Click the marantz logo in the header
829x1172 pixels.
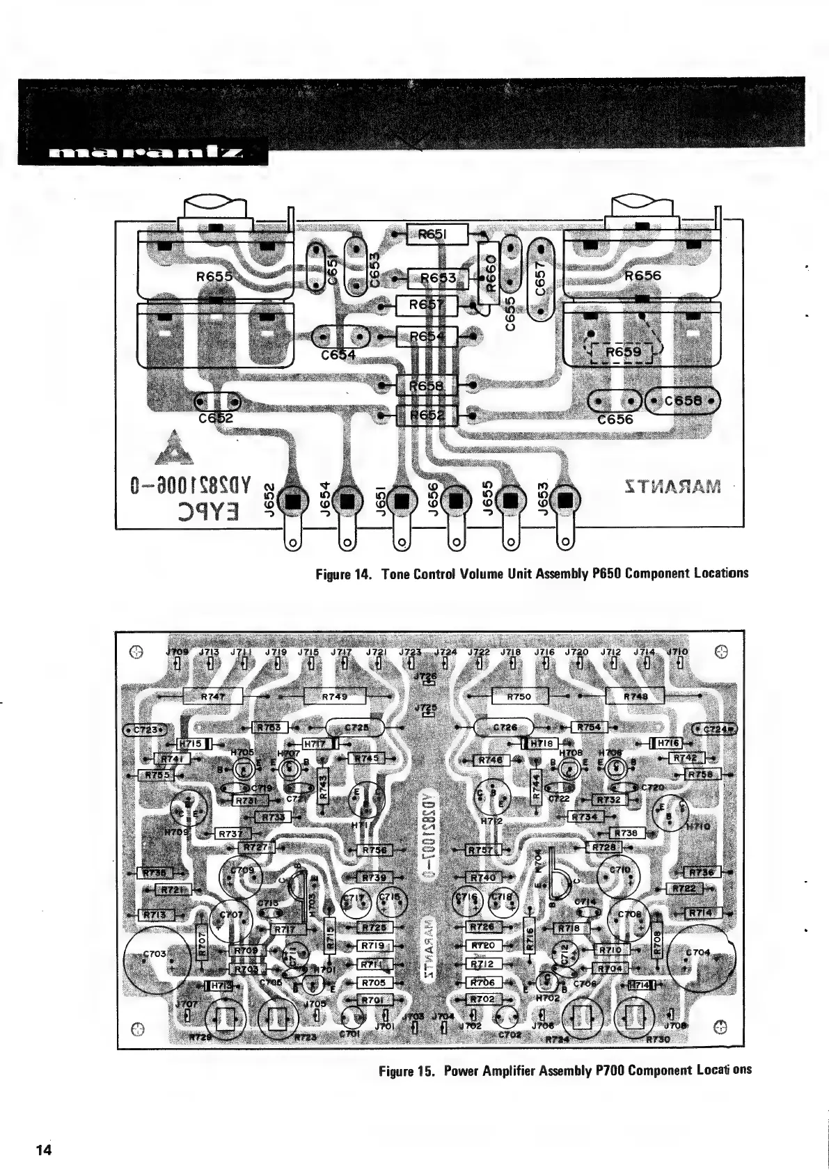tap(143, 152)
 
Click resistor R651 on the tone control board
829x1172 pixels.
tap(437, 235)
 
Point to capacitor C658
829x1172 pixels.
tap(683, 401)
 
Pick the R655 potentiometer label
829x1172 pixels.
tap(214, 276)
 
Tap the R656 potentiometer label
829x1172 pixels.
tap(642, 276)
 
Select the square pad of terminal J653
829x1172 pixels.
tap(564, 500)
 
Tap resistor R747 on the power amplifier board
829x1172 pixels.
tap(212, 695)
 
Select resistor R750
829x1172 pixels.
tap(519, 695)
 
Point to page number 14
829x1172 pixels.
tap(44, 1150)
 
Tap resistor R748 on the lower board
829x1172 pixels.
tap(635, 695)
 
